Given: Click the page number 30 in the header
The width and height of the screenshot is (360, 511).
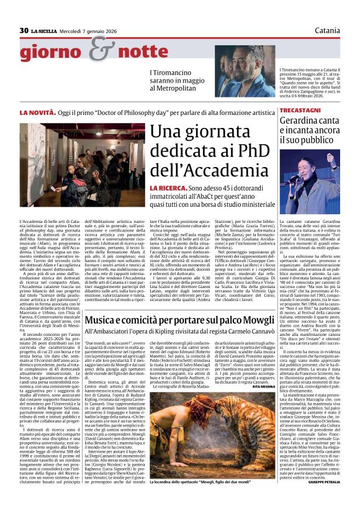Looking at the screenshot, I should pyautogui.click(x=24, y=30).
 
